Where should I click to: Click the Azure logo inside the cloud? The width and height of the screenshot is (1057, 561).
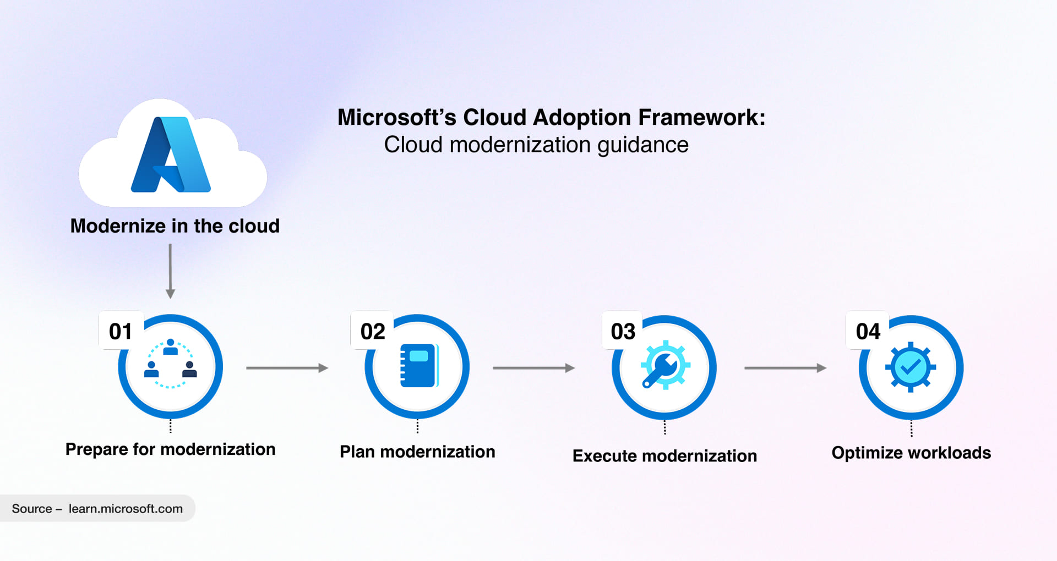tap(171, 155)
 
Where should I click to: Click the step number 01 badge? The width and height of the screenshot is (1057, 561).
tap(121, 331)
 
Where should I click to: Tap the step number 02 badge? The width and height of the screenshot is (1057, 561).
tap(373, 331)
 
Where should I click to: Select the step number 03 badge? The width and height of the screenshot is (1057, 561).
tap(623, 331)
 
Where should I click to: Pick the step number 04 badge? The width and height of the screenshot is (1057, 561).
tap(868, 331)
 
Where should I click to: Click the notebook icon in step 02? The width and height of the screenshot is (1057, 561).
tap(418, 366)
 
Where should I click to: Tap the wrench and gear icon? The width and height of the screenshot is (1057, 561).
tap(664, 365)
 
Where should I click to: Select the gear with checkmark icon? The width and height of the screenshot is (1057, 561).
tap(911, 367)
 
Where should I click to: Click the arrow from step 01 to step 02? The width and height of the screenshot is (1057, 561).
tap(287, 368)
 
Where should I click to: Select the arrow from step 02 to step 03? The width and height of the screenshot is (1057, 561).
tap(533, 368)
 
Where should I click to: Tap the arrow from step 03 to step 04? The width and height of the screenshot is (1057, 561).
tap(785, 368)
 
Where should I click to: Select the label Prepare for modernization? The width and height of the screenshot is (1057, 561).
tap(170, 449)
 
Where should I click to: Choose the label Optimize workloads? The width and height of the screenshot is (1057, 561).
tap(911, 453)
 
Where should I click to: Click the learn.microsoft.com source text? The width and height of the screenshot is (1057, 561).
tap(126, 509)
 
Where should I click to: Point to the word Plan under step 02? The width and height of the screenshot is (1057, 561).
tap(357, 452)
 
